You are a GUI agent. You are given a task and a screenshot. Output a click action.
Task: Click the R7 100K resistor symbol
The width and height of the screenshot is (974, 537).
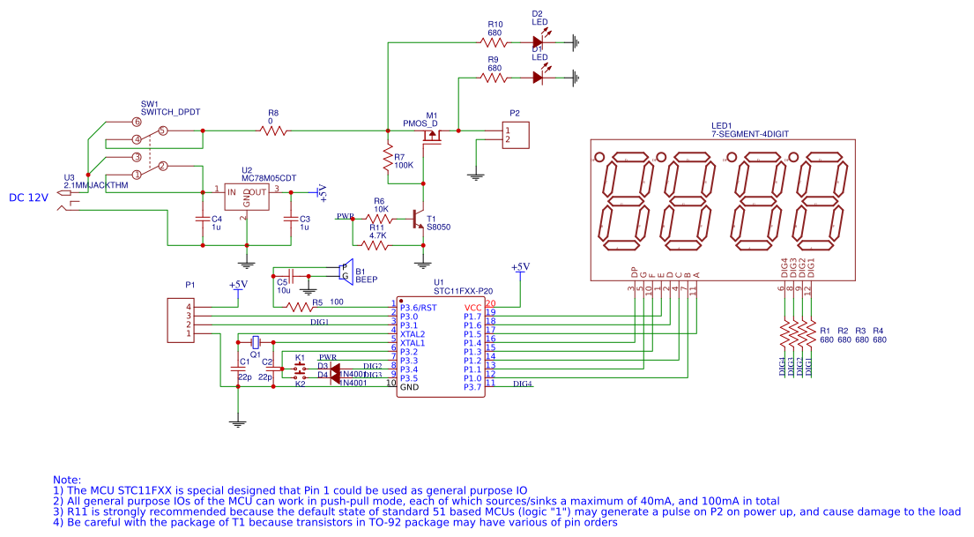tap(387, 160)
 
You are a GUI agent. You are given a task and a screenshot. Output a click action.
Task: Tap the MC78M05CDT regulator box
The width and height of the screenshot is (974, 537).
tap(246, 197)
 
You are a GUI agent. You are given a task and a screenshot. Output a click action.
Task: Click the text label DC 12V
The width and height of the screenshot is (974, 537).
tap(28, 198)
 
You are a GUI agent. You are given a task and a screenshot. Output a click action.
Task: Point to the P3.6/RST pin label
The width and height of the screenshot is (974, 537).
tap(418, 308)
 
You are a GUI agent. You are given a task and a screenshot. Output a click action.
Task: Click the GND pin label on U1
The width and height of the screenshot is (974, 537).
tap(409, 387)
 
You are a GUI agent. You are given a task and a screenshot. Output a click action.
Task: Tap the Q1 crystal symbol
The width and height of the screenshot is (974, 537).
tap(255, 341)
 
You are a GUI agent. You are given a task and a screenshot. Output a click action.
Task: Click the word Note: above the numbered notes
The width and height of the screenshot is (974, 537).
tap(67, 479)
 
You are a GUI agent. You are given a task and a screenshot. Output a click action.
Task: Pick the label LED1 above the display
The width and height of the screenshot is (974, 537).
tap(723, 125)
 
